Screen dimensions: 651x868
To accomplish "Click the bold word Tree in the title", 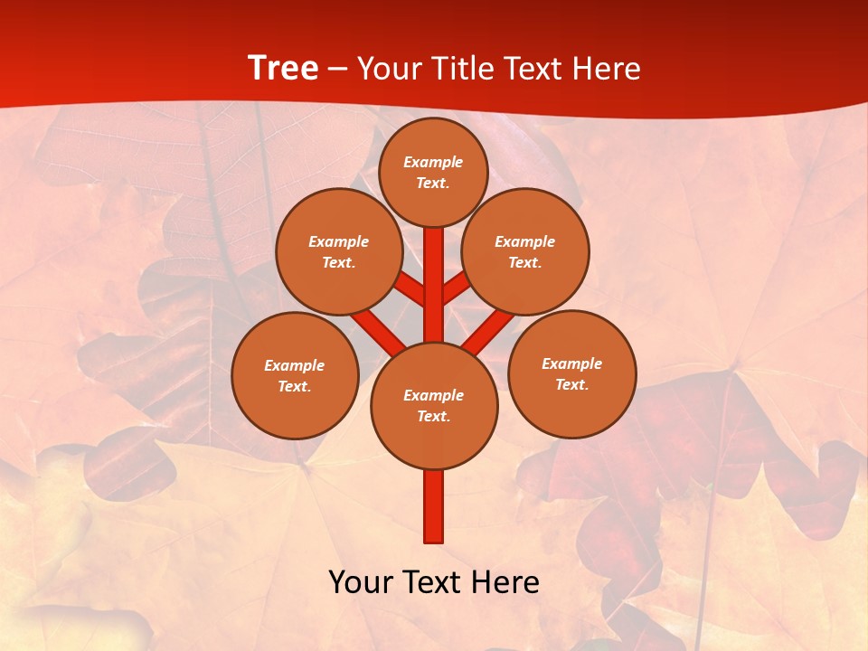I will point(283,68).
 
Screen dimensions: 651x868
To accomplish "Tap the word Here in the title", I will point(607,69).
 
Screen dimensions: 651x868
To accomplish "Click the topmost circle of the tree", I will point(433,172).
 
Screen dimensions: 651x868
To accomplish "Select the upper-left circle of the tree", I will point(339,251).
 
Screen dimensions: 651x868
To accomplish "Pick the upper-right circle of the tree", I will point(525,251).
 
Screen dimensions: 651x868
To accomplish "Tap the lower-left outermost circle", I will point(295,375).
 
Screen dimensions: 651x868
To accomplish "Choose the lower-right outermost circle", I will point(572,373).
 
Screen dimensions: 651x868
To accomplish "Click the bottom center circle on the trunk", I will point(434,405).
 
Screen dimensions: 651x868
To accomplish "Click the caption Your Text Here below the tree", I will point(434,581).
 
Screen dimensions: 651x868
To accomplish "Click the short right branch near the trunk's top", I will point(456,289).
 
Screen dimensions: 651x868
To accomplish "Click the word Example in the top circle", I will point(433,162).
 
